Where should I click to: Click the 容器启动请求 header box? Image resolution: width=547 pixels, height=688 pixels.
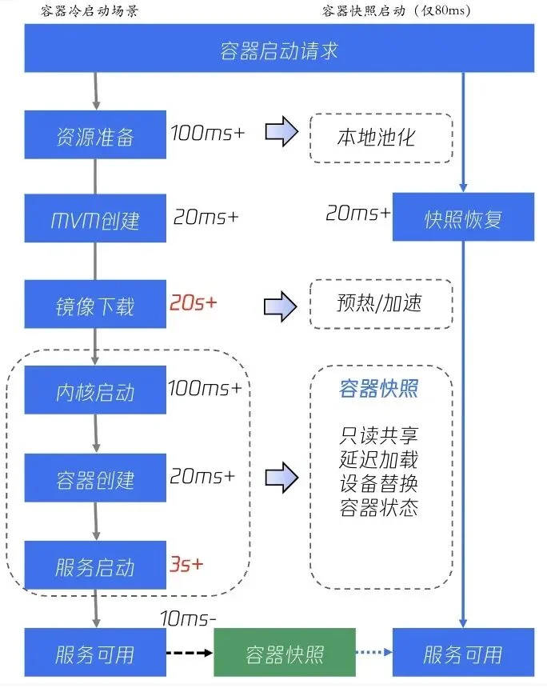tap(278, 50)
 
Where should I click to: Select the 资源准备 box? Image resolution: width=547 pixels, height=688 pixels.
tap(95, 136)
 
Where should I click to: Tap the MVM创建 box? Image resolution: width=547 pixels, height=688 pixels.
tap(95, 218)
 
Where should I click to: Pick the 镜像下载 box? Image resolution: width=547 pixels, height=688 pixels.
tap(95, 306)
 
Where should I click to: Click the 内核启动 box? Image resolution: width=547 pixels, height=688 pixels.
tap(95, 391)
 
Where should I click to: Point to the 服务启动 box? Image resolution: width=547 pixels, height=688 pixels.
tap(95, 566)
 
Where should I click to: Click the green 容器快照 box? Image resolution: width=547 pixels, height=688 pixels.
tap(285, 654)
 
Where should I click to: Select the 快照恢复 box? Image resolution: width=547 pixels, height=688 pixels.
tap(463, 218)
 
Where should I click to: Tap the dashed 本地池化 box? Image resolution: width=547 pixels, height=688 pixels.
tap(381, 138)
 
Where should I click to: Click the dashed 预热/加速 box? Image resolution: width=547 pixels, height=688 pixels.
tap(381, 303)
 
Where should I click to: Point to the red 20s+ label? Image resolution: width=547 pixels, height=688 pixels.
tap(193, 304)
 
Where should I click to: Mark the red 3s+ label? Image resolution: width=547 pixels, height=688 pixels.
tap(186, 564)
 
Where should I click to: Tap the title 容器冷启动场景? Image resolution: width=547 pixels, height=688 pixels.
tap(89, 10)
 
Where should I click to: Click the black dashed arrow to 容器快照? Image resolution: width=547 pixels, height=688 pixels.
tap(190, 654)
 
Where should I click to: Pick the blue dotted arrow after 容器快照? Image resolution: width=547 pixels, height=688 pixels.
tap(374, 654)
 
